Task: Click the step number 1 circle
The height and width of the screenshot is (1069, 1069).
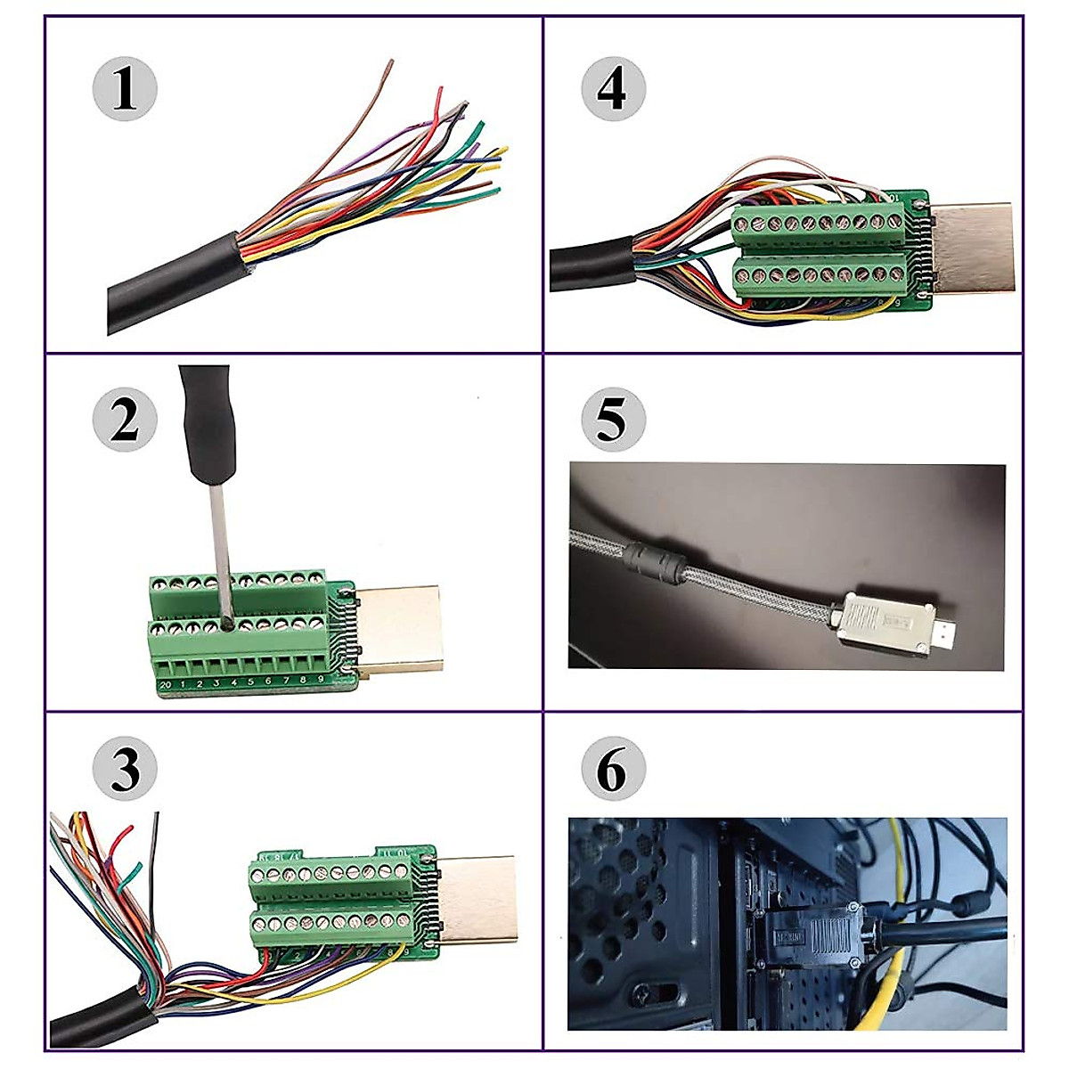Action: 125,90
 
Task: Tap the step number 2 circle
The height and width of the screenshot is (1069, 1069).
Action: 125,420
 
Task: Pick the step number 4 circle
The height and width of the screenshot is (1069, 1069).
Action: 613,90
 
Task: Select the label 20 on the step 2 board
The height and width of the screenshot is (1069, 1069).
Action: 166,684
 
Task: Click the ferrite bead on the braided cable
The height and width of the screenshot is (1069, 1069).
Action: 655,560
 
